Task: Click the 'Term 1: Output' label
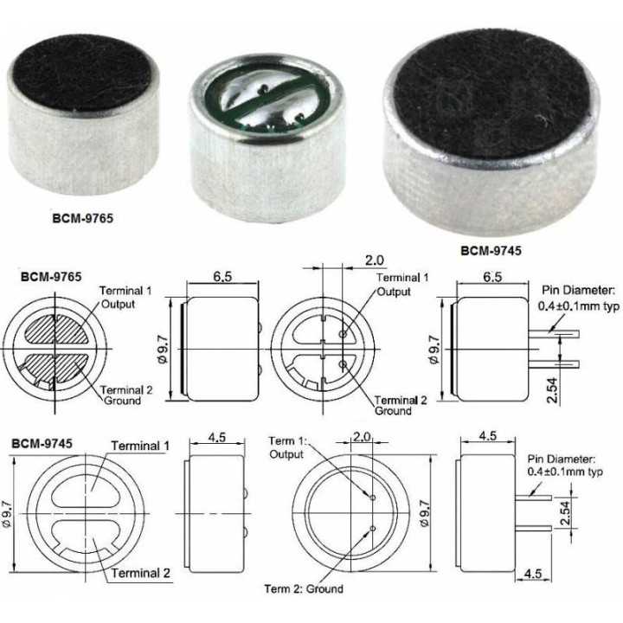point(286,447)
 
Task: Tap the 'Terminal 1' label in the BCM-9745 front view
point(139,446)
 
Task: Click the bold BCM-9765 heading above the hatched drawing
point(51,278)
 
